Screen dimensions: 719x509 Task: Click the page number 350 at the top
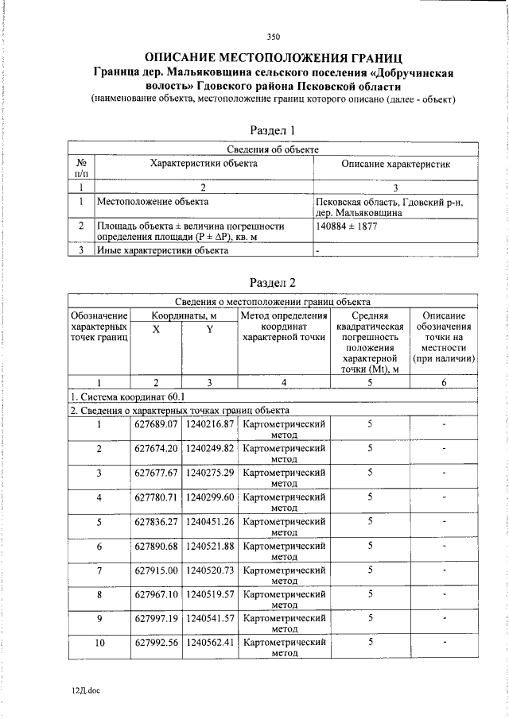tap(273, 37)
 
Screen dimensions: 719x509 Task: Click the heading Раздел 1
tap(273, 129)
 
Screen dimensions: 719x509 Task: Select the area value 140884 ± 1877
tap(346, 226)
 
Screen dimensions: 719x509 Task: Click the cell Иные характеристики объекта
tap(162, 250)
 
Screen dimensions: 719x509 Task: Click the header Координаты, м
tap(184, 315)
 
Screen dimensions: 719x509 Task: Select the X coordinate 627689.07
tap(156, 424)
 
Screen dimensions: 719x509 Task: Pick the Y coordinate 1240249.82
tap(209, 448)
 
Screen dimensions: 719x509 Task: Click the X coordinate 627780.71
tap(156, 497)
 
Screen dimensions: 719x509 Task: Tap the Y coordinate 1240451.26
tap(209, 522)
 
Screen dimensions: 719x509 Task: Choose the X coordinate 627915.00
tap(156, 570)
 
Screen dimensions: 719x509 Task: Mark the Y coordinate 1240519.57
tap(209, 595)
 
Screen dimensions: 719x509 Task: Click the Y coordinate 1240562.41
tap(209, 644)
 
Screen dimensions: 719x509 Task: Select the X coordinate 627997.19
tap(156, 619)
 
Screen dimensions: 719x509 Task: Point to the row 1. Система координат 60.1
tap(127, 396)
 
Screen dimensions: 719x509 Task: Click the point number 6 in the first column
tap(99, 547)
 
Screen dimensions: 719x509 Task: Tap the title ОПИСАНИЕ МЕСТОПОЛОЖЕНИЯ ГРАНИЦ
tap(273, 58)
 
